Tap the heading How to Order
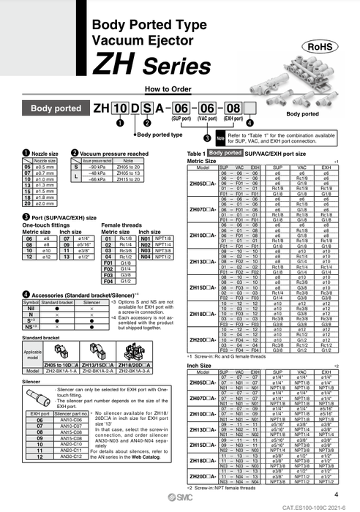[168, 89]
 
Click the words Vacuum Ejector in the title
[141, 45]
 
